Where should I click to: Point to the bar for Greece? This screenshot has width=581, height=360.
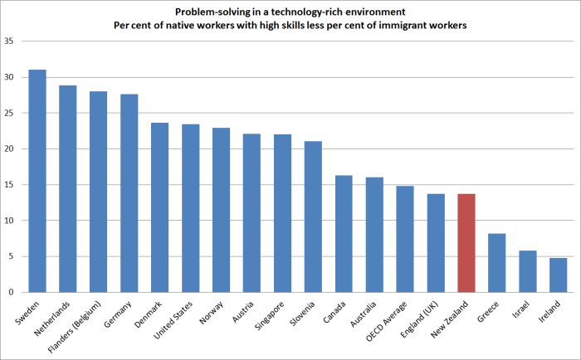[497, 262]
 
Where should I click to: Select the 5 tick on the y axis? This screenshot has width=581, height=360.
[11, 256]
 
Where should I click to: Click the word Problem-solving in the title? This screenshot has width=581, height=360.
[210, 12]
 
